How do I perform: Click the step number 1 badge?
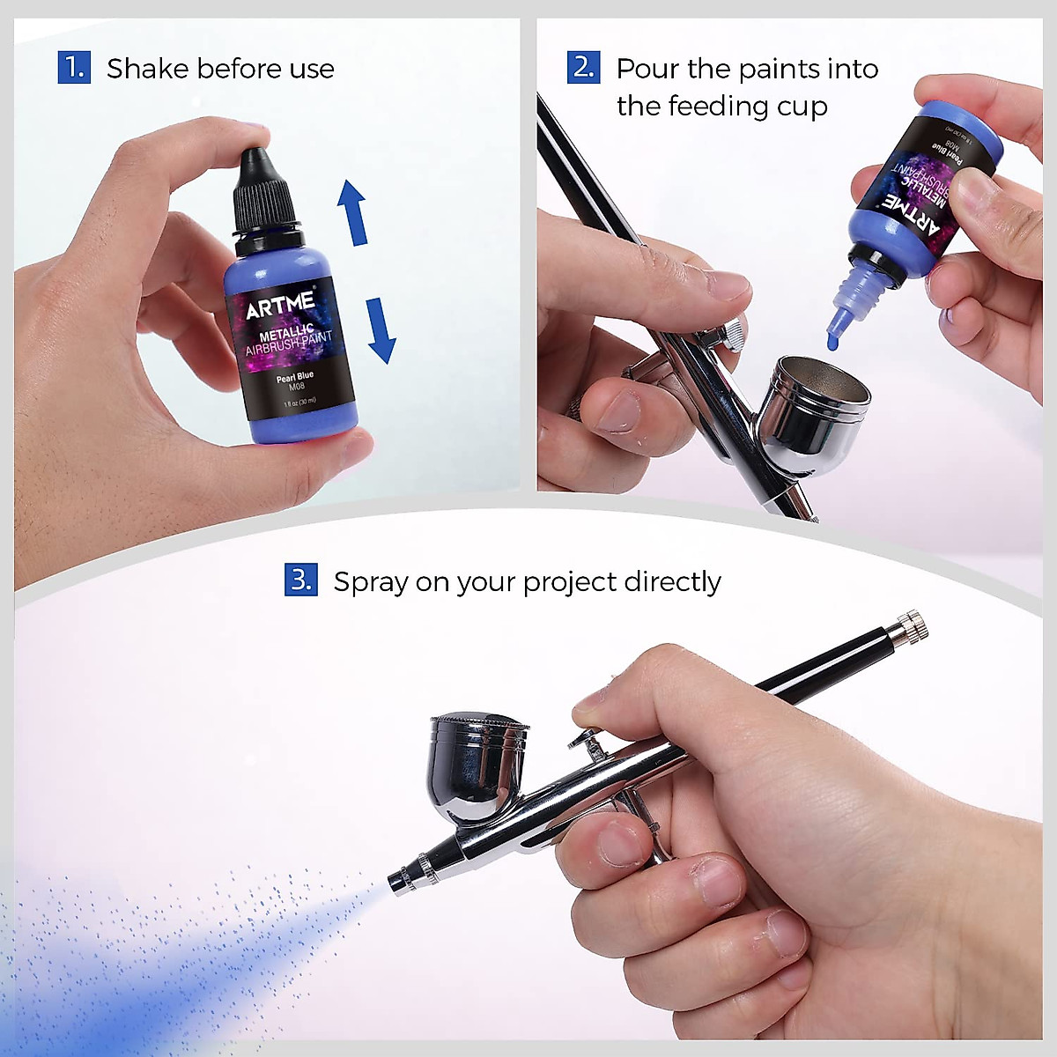[x=74, y=68]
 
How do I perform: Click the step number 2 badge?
[x=583, y=68]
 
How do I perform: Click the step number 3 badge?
[x=300, y=580]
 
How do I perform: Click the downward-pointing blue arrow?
[x=381, y=330]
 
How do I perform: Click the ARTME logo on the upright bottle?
[x=280, y=305]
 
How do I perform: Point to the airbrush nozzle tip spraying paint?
[x=395, y=880]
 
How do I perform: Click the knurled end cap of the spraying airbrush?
[x=906, y=626]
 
